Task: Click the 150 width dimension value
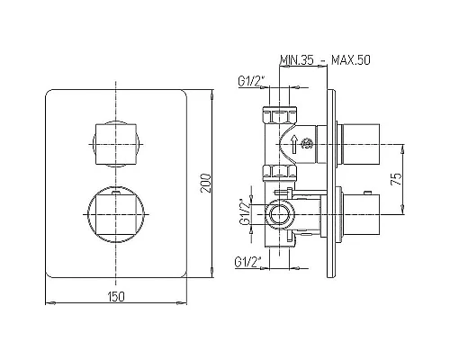[116, 296]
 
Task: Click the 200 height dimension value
[206, 183]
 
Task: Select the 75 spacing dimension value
[396, 179]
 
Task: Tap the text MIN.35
[297, 60]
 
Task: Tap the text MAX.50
[351, 60]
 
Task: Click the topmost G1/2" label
[252, 81]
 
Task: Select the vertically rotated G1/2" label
[245, 212]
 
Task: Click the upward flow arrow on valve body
[294, 143]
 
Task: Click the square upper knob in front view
[116, 144]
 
